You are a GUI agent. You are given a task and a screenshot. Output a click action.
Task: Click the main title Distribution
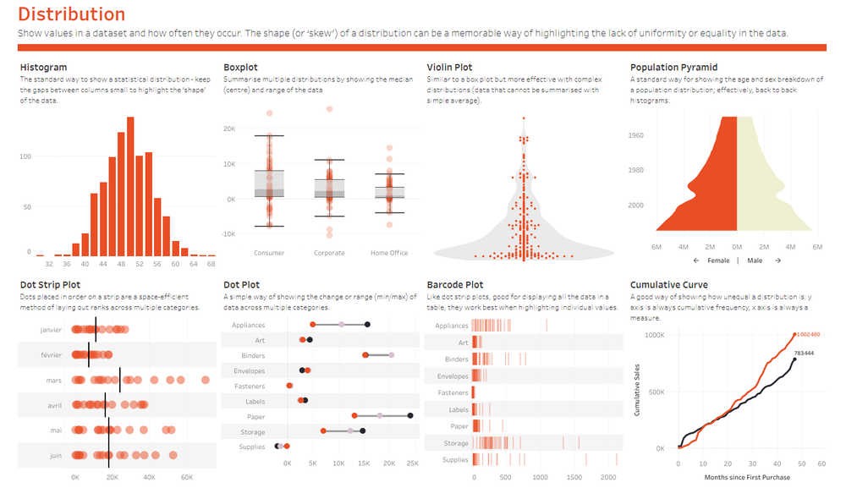(x=71, y=14)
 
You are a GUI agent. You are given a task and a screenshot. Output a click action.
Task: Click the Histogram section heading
(x=43, y=68)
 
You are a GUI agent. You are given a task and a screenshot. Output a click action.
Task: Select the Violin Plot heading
(x=449, y=68)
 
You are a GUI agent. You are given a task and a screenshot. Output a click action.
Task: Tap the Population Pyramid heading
(x=673, y=68)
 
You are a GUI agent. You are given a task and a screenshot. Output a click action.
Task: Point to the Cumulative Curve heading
(x=669, y=285)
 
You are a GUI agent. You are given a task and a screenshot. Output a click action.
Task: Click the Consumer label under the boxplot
(x=269, y=253)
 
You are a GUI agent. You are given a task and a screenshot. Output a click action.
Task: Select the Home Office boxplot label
(x=389, y=253)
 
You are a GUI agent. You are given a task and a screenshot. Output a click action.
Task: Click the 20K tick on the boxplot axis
(x=228, y=129)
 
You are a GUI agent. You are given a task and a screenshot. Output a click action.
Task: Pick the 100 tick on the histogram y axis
(x=25, y=156)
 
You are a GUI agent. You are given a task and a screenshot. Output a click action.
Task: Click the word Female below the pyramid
(x=717, y=260)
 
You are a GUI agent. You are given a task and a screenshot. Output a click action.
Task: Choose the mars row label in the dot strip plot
(x=54, y=381)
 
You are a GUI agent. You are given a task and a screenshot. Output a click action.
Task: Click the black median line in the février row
(x=89, y=355)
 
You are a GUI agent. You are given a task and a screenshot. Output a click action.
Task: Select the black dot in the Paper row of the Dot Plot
(x=410, y=416)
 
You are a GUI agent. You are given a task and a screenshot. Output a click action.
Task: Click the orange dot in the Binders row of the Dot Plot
(x=365, y=355)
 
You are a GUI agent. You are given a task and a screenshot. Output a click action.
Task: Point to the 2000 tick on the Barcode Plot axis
(x=607, y=478)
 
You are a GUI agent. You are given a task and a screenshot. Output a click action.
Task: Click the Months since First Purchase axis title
(x=747, y=477)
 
